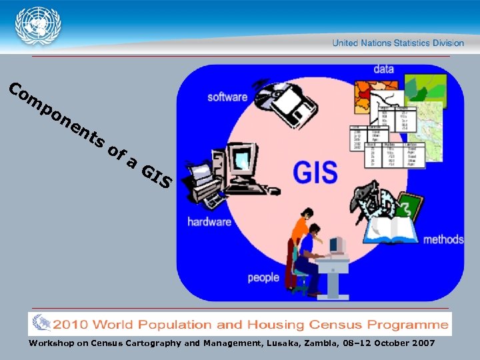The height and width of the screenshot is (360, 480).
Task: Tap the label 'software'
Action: [x=227, y=97]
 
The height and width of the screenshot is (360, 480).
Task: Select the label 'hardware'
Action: [x=209, y=222]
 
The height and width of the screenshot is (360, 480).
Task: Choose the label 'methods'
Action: [x=443, y=239]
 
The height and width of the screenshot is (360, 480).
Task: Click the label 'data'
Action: [x=383, y=69]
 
